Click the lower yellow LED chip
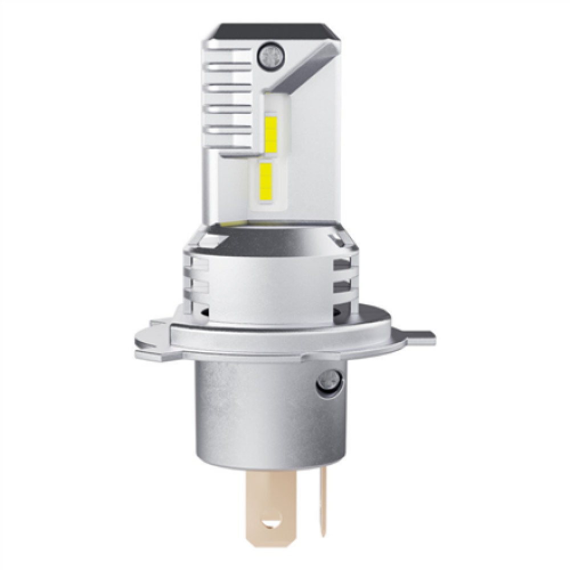266,180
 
